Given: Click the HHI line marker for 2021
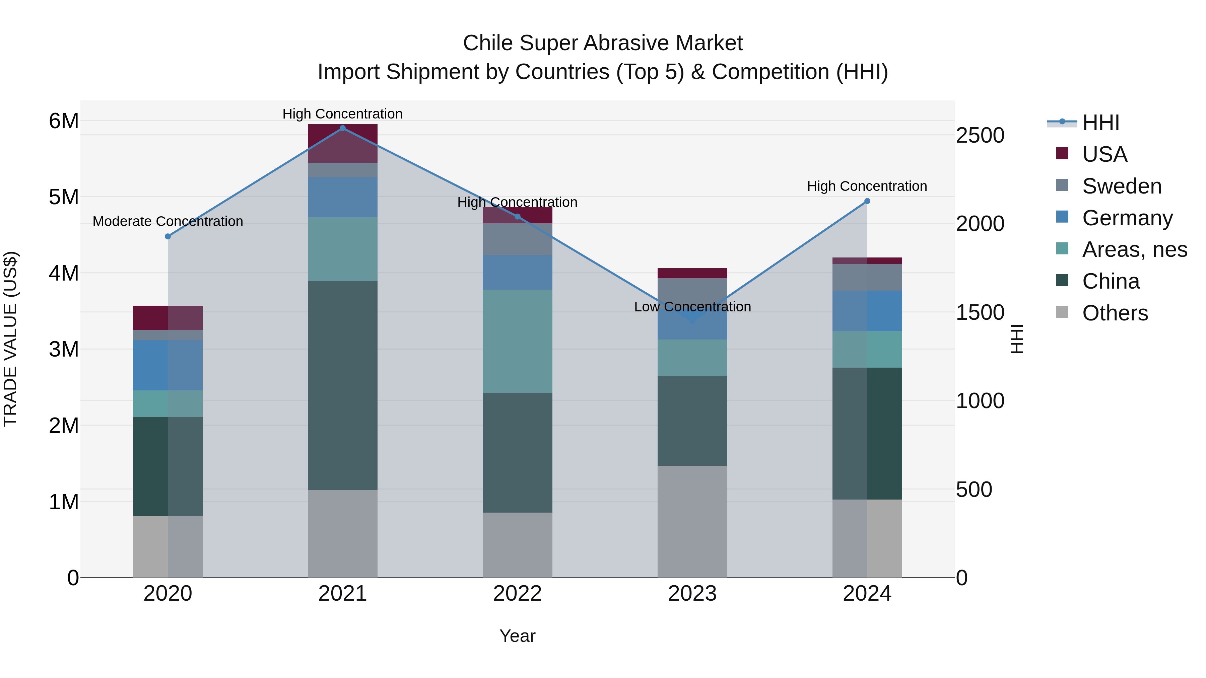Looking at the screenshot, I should click(343, 128).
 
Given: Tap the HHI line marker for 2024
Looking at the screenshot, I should click(867, 201).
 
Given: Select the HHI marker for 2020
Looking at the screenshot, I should click(168, 237).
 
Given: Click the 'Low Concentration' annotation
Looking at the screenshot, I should click(692, 307).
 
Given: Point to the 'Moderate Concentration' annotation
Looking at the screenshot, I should click(168, 221).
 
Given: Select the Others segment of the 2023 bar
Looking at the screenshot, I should click(692, 521).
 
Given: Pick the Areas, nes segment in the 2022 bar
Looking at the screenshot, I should click(517, 341).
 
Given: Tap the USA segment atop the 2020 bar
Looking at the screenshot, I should click(168, 318).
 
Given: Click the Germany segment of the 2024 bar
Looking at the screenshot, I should click(867, 311).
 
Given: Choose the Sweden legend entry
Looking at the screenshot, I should click(1122, 186).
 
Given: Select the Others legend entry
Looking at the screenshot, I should click(1115, 313).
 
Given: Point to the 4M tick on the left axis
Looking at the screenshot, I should click(64, 273).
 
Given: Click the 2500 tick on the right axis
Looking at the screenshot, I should click(980, 136).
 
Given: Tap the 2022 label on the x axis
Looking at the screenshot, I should click(517, 594).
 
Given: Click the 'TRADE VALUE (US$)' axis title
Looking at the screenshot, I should click(10, 339).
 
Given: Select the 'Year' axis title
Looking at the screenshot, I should click(517, 636).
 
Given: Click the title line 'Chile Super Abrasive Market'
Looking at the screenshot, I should click(603, 43).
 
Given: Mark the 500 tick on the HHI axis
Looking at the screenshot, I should click(974, 489).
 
